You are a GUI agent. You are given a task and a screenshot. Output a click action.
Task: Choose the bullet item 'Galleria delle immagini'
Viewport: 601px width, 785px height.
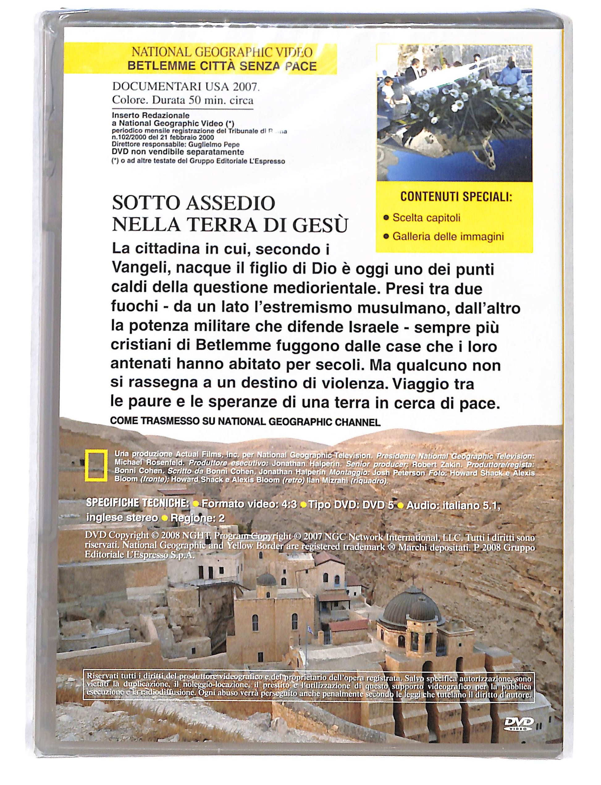448,237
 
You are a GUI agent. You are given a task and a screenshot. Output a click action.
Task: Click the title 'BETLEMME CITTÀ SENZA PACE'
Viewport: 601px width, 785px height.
222,66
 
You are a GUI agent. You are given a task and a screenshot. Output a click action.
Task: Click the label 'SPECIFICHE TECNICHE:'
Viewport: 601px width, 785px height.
138,503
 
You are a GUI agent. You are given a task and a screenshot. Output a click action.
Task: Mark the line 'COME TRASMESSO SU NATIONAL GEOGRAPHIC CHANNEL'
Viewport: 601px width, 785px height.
245,422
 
